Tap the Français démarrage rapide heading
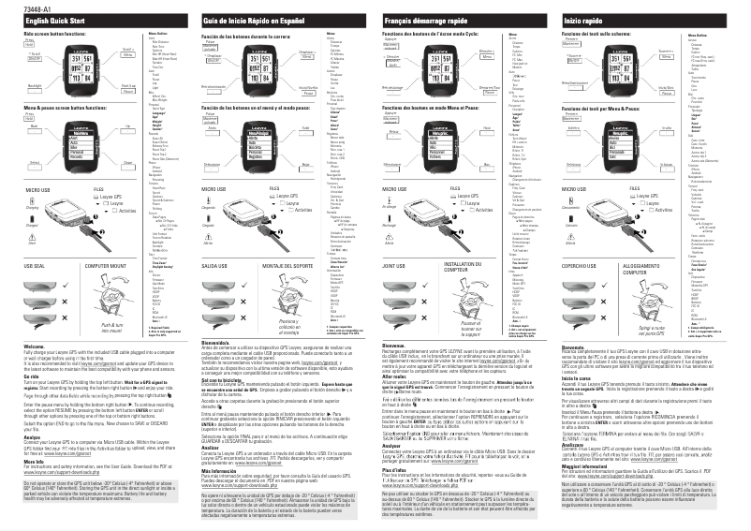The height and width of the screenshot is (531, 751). pos(425,20)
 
